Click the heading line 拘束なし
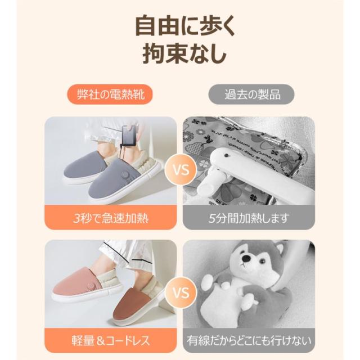click(180, 56)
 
